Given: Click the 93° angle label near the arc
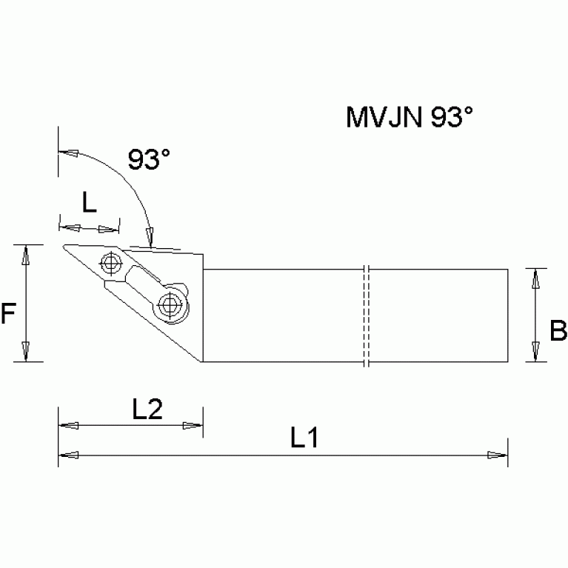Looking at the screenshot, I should tap(148, 159).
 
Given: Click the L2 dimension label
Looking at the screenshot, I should tap(147, 409).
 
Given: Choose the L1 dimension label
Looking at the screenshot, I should tap(304, 438).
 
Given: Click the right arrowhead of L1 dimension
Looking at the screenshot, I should tap(498, 455).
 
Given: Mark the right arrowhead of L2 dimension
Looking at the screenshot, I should tap(193, 426).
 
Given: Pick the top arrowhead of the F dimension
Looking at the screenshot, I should tap(27, 255).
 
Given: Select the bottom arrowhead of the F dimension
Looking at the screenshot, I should tap(27, 351).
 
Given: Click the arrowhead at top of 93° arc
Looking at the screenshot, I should tap(68, 153).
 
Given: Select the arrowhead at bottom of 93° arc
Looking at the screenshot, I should tap(150, 236).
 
